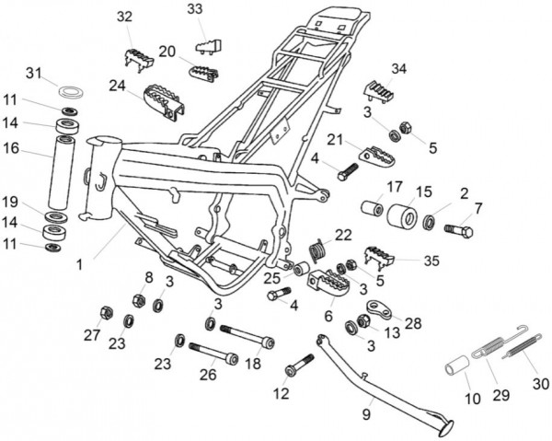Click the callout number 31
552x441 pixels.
[x=33, y=73]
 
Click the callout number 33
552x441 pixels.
[x=195, y=9]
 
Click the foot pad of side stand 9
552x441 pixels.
[x=448, y=424]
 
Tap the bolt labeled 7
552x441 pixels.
[x=459, y=228]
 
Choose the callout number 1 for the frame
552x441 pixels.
[x=80, y=264]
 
